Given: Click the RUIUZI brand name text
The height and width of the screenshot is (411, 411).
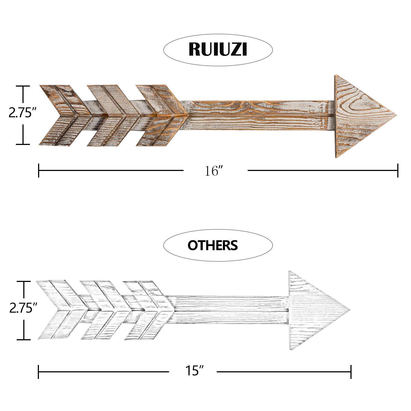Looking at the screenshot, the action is [x=218, y=49].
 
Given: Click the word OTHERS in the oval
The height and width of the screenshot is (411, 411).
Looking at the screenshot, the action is [x=213, y=245].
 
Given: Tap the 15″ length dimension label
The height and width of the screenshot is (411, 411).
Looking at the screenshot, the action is [x=194, y=372].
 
